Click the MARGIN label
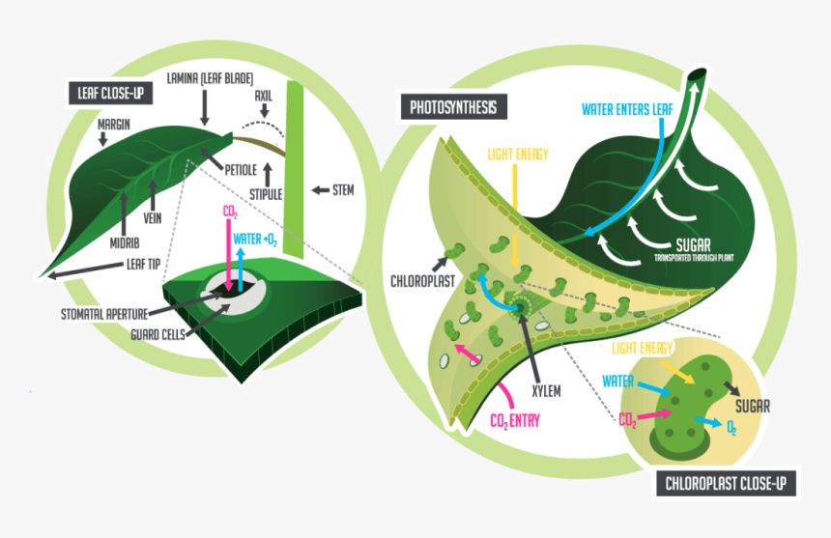[x=115, y=125]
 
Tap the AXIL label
[x=264, y=97]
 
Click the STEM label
[x=342, y=190]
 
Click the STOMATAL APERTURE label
[x=110, y=313]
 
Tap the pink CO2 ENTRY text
[x=515, y=420]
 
